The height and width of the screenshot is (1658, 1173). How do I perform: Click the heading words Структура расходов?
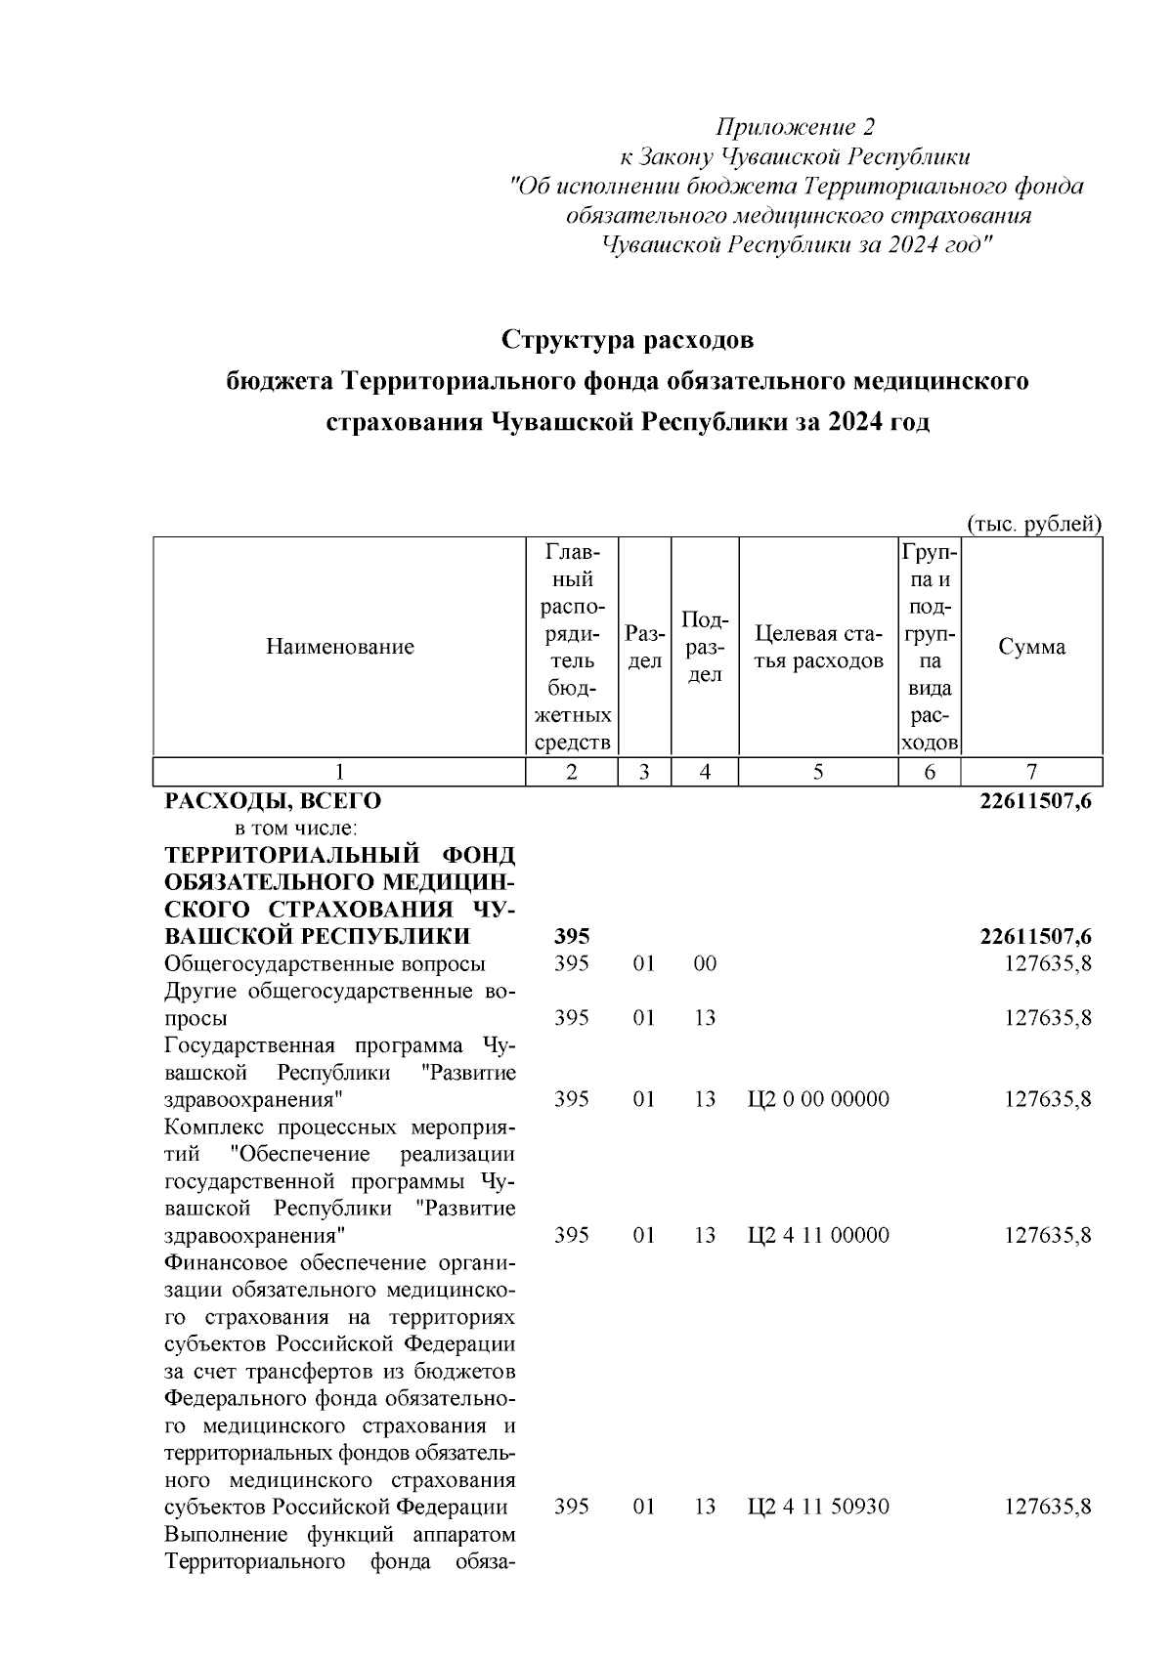(628, 340)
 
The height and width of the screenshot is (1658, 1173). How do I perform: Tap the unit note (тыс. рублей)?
(1034, 525)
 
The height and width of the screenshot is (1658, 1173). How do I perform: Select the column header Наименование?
(339, 646)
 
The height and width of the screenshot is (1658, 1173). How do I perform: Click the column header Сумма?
(1031, 646)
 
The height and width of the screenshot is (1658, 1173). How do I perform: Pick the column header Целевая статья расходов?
(818, 647)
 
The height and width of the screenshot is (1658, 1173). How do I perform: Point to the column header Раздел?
(643, 647)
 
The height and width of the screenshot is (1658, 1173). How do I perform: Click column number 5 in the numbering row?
(818, 772)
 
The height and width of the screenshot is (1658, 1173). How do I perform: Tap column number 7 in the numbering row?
(1031, 772)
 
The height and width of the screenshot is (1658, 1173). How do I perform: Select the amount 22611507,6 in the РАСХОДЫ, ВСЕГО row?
(1035, 802)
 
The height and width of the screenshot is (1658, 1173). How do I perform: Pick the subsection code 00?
(705, 964)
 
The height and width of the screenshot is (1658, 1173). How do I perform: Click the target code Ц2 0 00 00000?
(818, 1099)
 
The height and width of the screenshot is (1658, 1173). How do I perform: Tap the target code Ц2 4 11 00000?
(818, 1235)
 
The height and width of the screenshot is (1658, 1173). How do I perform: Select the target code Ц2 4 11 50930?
(818, 1507)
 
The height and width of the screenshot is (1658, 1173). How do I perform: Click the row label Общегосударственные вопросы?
(325, 964)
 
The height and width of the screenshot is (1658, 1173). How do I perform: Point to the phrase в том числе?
(277, 829)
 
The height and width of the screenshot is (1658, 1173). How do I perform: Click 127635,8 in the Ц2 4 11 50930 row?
(1048, 1507)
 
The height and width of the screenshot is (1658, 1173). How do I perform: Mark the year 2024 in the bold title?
(855, 423)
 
